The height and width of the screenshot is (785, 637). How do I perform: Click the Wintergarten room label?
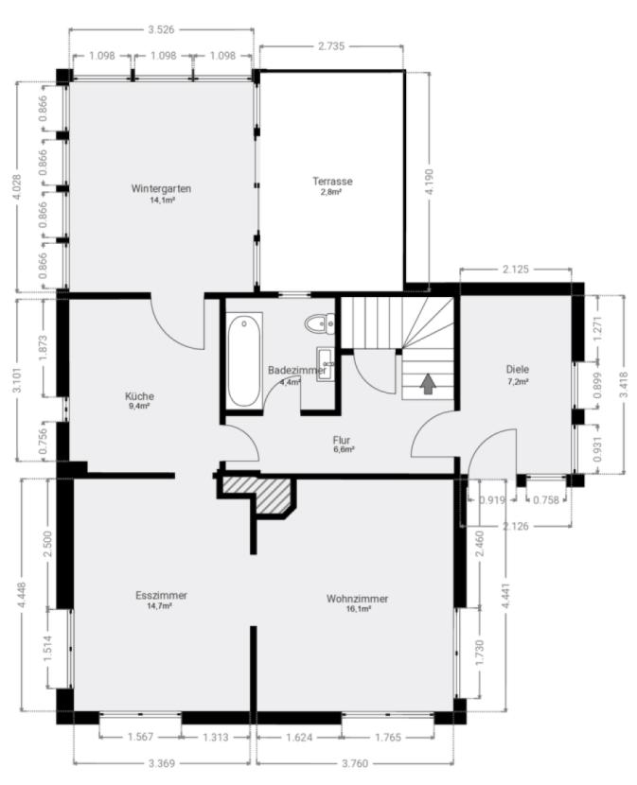(161, 189)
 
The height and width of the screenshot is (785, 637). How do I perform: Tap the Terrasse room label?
(332, 182)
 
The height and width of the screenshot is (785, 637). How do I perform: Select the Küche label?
(139, 396)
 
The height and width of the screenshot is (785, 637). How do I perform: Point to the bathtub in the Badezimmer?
(244, 359)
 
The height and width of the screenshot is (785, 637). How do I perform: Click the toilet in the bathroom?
(320, 323)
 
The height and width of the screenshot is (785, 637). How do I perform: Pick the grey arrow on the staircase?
(427, 383)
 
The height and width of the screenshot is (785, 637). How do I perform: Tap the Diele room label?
(518, 370)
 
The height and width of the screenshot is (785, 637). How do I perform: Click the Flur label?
(342, 440)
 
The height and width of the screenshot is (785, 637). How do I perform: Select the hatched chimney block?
(260, 493)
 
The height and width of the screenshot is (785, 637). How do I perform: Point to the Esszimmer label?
(161, 595)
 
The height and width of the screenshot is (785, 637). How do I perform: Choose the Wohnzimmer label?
(358, 599)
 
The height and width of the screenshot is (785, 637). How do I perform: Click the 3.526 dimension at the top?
(161, 29)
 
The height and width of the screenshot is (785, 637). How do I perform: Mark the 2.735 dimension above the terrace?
(331, 46)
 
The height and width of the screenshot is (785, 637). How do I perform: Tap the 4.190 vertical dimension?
(430, 182)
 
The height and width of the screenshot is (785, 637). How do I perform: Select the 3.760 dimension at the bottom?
(355, 763)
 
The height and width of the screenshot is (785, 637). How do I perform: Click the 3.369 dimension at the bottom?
(162, 763)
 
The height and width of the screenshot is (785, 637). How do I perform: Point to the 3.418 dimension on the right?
(624, 385)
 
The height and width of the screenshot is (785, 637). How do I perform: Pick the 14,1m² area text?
(162, 201)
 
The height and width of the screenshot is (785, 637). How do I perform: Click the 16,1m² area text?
(359, 609)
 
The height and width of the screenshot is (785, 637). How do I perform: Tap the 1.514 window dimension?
(48, 649)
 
